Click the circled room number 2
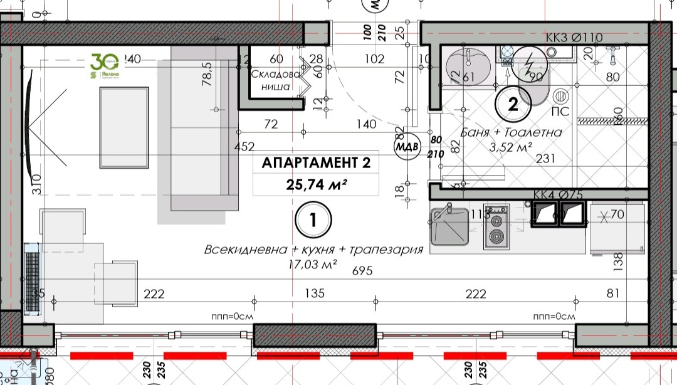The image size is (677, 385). point(513,105)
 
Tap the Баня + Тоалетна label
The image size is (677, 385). point(511,132)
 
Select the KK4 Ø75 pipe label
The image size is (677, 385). point(558,195)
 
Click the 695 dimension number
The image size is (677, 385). point(363,271)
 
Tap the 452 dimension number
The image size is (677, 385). point(244,147)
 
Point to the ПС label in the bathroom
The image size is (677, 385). point(562,112)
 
